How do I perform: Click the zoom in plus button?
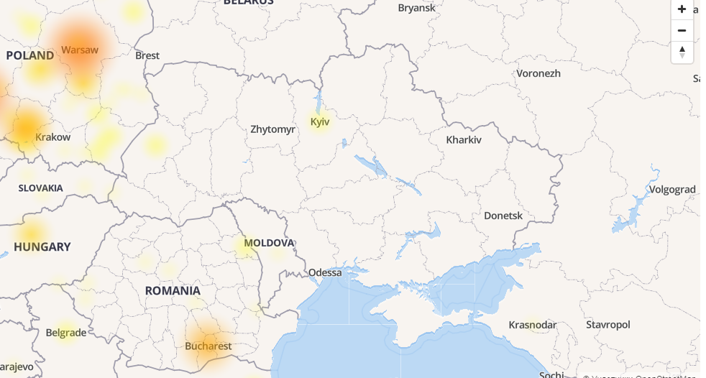tap(682, 9)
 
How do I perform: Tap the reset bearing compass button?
tap(682, 52)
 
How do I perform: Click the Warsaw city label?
tap(80, 50)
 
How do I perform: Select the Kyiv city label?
tap(320, 122)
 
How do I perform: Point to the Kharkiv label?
tap(464, 140)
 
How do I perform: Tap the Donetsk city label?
tap(503, 216)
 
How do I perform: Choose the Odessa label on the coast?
tap(325, 273)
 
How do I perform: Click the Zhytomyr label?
tap(272, 130)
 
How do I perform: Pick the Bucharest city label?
tap(208, 346)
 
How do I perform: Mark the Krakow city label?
tap(53, 137)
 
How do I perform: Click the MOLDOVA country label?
tap(270, 243)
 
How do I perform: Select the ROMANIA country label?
tap(173, 291)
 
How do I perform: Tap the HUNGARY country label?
tap(42, 247)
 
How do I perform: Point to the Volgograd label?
tap(672, 190)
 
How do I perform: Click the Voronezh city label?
tap(538, 73)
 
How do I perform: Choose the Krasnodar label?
tap(533, 325)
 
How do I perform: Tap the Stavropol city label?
tap(608, 325)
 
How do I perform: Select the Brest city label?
tap(147, 55)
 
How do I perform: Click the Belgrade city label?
tap(66, 333)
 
